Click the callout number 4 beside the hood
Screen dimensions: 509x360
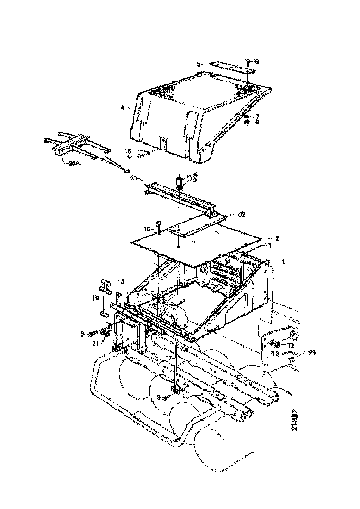point(123,108)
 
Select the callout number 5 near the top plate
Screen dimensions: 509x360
point(198,64)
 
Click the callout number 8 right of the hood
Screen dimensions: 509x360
point(257,123)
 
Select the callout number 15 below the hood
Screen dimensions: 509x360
point(128,151)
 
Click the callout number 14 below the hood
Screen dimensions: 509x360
point(128,156)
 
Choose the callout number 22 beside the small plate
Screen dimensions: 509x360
point(242,214)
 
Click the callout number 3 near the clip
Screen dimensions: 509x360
point(123,281)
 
